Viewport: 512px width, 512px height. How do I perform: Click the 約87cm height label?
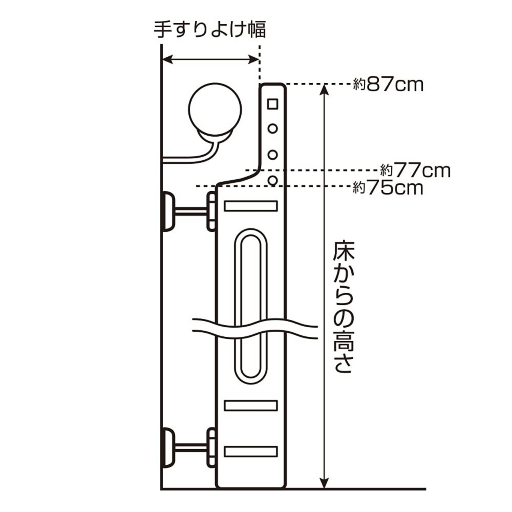388,85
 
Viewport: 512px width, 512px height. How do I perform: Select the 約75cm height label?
388,188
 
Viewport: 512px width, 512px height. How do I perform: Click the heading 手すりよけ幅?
210,30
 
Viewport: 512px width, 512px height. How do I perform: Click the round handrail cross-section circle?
215,110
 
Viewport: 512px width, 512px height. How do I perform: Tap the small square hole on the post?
273,104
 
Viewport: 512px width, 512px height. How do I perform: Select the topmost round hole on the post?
273,129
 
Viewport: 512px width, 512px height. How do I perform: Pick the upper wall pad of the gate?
168,211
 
